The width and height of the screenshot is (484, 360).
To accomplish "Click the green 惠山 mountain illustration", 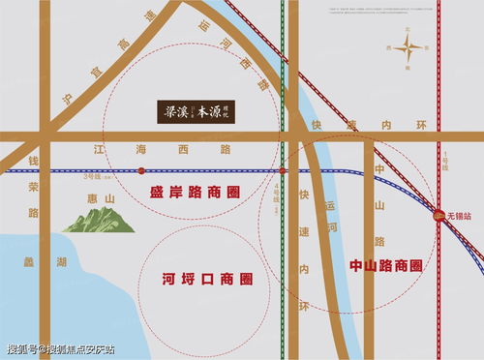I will [x=99, y=221].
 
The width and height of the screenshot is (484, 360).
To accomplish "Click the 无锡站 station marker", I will [x=438, y=214].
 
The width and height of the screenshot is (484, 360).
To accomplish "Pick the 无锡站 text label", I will [x=458, y=215].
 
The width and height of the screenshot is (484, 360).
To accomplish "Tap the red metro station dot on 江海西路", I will [x=142, y=170].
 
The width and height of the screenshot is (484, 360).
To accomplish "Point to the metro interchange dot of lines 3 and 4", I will [x=282, y=170].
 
